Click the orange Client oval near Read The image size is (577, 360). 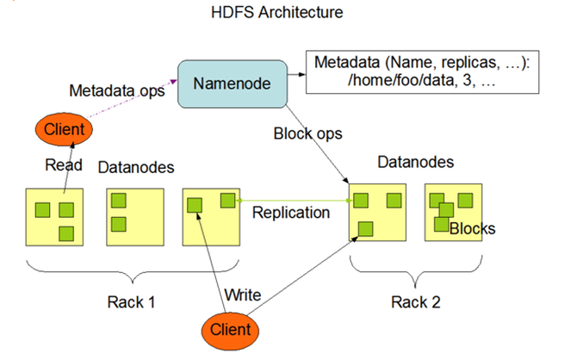(x=63, y=130)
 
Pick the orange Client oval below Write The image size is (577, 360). (x=230, y=329)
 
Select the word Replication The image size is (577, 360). (x=290, y=212)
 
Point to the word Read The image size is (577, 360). (x=65, y=166)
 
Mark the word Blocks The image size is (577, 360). (x=472, y=228)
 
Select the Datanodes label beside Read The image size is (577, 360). (x=133, y=166)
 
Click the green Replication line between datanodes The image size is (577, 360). (x=293, y=201)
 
